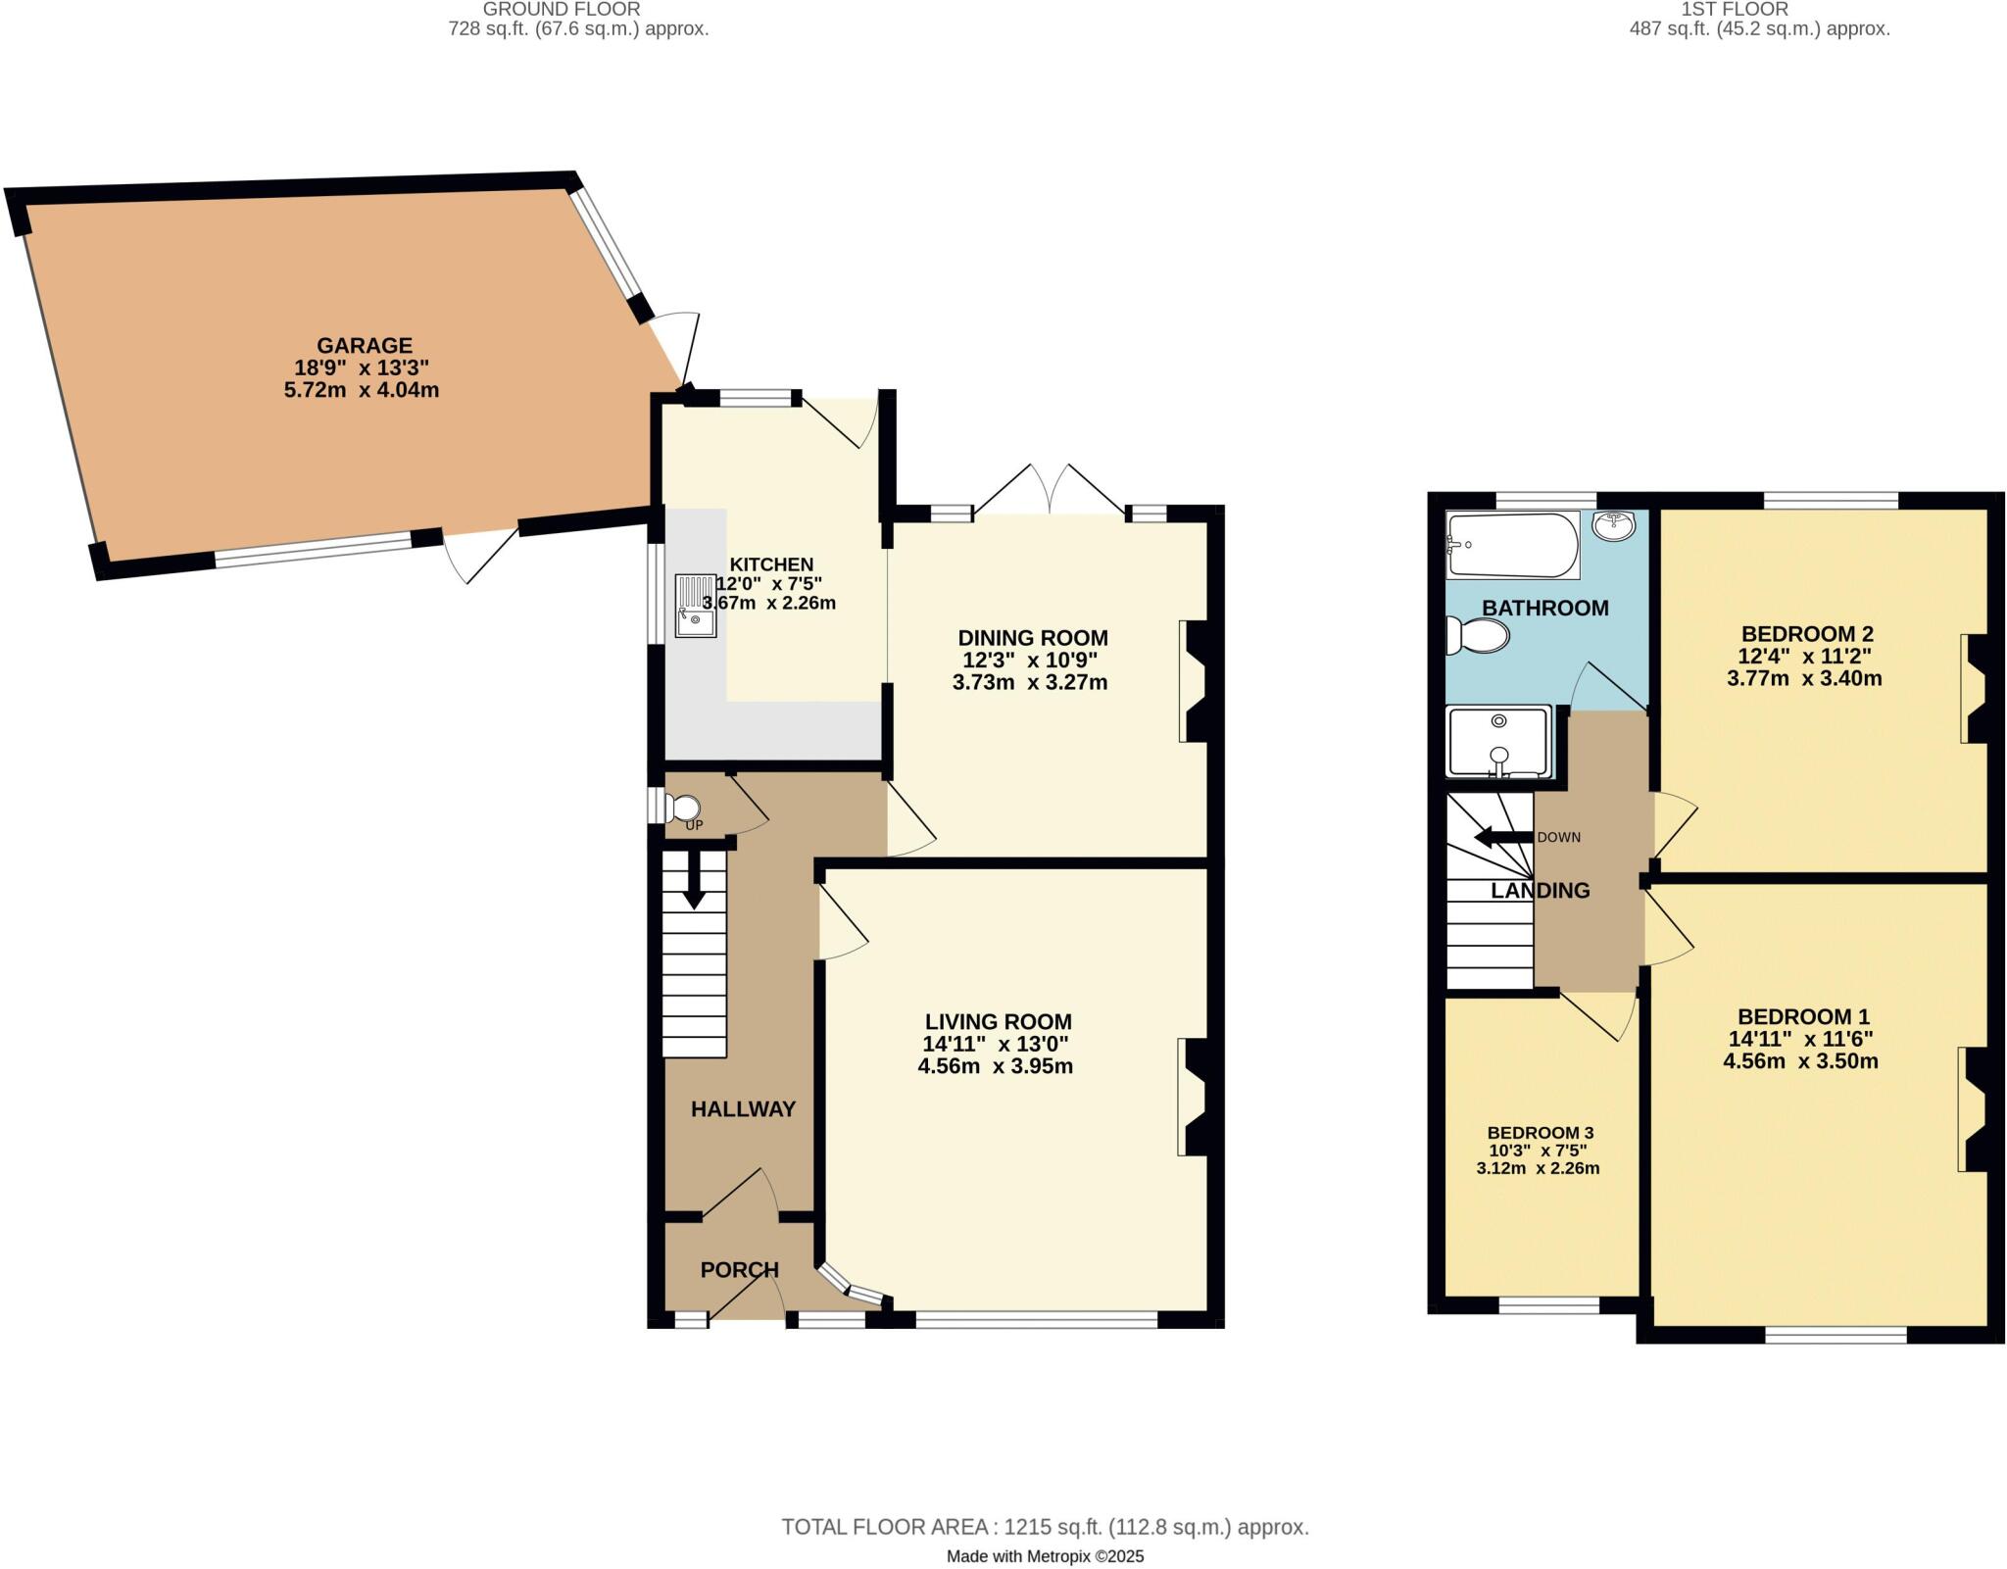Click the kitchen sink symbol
(x=696, y=605)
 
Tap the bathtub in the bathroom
(x=1512, y=546)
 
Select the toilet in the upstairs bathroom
(x=1479, y=636)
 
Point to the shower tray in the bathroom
(x=1498, y=742)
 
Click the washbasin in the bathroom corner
(x=1613, y=526)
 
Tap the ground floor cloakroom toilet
(x=683, y=809)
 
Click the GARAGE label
(x=365, y=345)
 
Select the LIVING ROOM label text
(x=998, y=1022)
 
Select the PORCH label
(x=739, y=1270)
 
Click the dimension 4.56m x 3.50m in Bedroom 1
(x=1800, y=1060)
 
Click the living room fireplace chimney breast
(x=1197, y=1098)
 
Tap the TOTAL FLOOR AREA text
(x=1044, y=1527)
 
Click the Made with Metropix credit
(x=1045, y=1556)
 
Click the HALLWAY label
(x=743, y=1109)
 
